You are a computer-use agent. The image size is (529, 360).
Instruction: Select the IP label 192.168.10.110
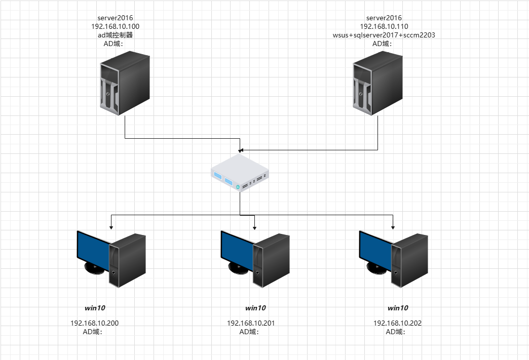tap(384, 26)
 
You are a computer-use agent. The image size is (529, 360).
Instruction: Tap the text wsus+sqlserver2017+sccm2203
tap(384, 35)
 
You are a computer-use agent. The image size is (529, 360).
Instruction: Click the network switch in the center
tap(239, 173)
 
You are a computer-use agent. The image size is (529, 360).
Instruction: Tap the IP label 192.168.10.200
tap(94, 323)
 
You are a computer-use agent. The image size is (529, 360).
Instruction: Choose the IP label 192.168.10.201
tap(251, 323)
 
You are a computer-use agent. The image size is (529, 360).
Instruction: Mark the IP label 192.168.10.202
tap(397, 323)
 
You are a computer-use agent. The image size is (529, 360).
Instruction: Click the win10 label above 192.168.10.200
tap(95, 308)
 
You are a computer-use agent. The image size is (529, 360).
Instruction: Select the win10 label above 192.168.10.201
tap(255, 308)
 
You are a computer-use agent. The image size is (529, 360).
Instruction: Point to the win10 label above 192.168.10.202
tap(398, 308)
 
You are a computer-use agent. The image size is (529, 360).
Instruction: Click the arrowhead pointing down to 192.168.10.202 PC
tap(393, 226)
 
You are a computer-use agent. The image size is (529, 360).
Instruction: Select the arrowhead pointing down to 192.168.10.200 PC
tap(111, 226)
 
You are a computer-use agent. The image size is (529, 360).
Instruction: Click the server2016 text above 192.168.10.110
tap(384, 18)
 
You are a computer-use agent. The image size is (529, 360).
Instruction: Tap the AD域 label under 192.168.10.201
tap(249, 332)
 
